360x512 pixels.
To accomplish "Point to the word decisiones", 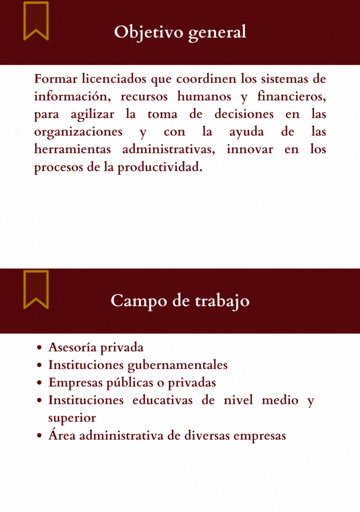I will coord(244,114).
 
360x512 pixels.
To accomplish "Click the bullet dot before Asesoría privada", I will coord(39,348).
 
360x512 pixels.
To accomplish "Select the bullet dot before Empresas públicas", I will coord(39,383).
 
